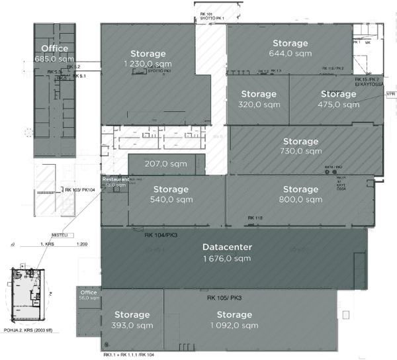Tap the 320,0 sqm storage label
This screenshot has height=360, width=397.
click(x=259, y=99)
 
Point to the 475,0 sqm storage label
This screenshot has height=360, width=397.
click(x=338, y=99)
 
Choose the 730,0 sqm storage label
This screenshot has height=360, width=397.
click(x=300, y=146)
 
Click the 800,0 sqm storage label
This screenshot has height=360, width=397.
click(x=300, y=195)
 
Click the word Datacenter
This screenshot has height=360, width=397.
click(x=228, y=247)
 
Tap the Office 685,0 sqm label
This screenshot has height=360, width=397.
click(x=54, y=54)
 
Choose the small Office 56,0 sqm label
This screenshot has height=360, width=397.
click(x=89, y=295)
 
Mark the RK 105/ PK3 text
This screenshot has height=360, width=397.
click(x=224, y=297)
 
